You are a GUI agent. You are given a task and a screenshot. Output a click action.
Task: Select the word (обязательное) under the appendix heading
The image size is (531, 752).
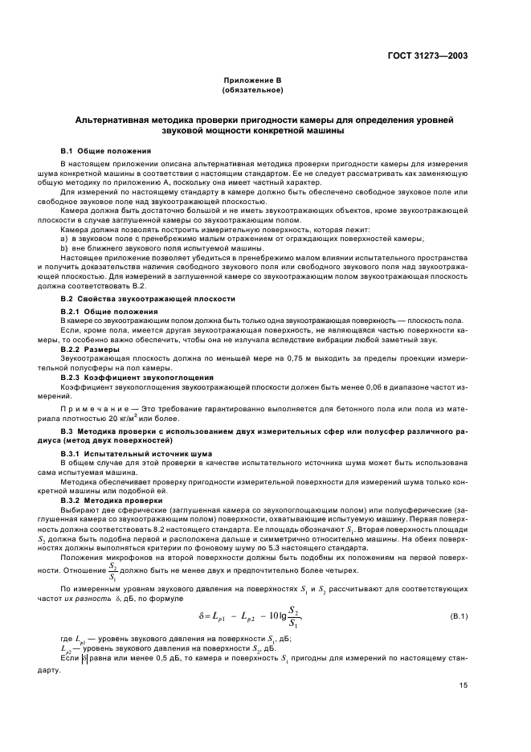(255, 89)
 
